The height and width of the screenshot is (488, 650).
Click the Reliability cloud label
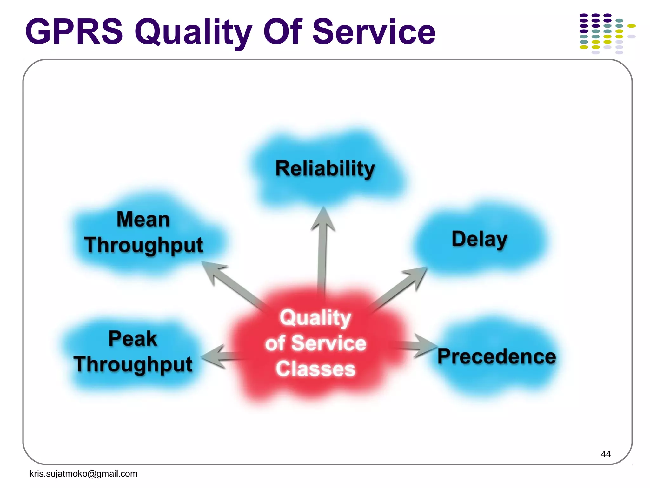[x=325, y=169]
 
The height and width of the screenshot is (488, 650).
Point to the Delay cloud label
[x=479, y=239]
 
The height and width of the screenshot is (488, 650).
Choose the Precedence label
[x=496, y=356]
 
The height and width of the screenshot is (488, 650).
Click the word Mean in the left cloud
[x=143, y=220]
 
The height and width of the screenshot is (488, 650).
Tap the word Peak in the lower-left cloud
[x=133, y=339]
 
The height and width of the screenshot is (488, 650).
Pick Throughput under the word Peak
[x=133, y=364]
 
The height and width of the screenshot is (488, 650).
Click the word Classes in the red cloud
[x=315, y=369]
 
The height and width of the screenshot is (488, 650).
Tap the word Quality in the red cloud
[x=315, y=318]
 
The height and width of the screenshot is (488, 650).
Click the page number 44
[x=606, y=454]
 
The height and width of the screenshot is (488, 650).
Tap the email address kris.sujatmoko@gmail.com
[x=83, y=474]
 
